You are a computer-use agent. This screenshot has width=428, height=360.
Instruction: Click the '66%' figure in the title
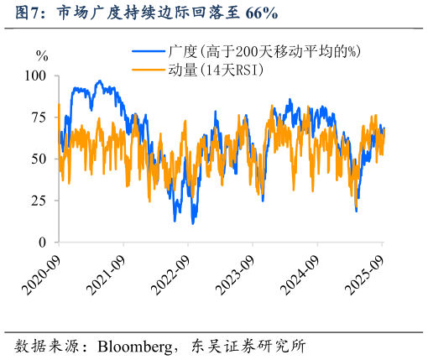[261, 13]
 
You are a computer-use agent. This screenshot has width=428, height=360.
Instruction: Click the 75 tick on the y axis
[39, 117]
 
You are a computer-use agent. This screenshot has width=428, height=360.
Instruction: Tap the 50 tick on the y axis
[39, 159]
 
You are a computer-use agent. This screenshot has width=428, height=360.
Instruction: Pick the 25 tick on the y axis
[39, 201]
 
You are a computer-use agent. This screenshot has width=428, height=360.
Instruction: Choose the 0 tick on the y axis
[43, 243]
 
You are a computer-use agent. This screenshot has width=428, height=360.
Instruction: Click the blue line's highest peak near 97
[100, 81]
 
